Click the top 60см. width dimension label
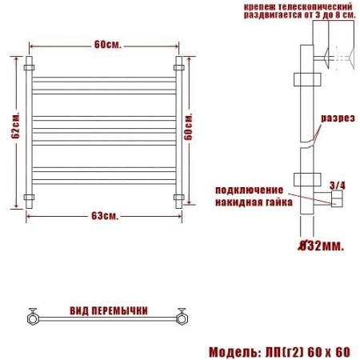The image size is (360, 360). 108,45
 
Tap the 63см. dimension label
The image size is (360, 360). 105,216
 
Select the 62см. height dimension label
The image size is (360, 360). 15,126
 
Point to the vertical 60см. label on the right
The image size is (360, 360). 188,126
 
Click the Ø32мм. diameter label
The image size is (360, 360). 321,246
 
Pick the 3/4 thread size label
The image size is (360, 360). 338,186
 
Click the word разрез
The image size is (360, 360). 338,118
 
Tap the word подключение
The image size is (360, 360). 250,190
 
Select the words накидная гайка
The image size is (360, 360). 254,202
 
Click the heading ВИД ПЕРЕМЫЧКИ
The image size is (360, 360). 109,311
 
